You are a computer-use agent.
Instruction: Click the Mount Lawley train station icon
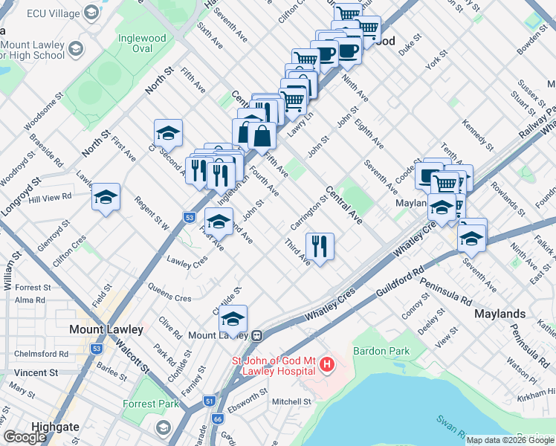256,335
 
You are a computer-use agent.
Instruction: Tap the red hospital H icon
326,364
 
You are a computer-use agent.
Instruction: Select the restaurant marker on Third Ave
320,247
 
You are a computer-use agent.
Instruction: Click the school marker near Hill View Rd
106,197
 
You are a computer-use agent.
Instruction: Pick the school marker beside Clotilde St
233,318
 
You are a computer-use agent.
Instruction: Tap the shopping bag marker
262,135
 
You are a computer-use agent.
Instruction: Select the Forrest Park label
151,404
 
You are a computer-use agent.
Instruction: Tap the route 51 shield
209,401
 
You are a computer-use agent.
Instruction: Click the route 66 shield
217,418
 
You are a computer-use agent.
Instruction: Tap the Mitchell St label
291,401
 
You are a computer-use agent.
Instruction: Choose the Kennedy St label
476,131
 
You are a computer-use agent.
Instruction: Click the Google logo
25,437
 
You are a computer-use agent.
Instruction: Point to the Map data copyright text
509,440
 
